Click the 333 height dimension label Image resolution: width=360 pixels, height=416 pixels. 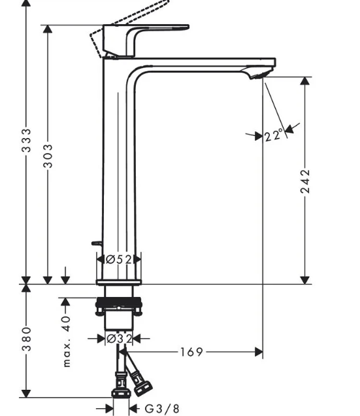point(26,141)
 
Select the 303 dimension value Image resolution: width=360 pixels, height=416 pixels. point(48,156)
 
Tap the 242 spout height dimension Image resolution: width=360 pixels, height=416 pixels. point(305,181)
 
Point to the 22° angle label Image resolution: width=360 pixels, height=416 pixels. point(274,135)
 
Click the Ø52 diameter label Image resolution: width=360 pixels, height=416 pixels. point(119,260)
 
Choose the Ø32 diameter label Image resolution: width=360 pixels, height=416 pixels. point(120,339)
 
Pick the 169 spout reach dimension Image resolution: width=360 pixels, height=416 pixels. point(191,352)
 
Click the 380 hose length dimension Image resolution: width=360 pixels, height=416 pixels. point(26,339)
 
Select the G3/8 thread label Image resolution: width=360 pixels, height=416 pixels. point(162,409)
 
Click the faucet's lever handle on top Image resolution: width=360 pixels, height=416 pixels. point(146,41)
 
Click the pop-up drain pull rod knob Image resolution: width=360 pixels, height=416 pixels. point(96,243)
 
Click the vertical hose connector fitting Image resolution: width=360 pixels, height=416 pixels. point(121,385)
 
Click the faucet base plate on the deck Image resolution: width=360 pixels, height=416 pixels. point(118,283)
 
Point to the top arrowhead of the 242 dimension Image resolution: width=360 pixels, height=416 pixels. point(305,81)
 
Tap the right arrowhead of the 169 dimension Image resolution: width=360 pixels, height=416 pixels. point(259,352)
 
